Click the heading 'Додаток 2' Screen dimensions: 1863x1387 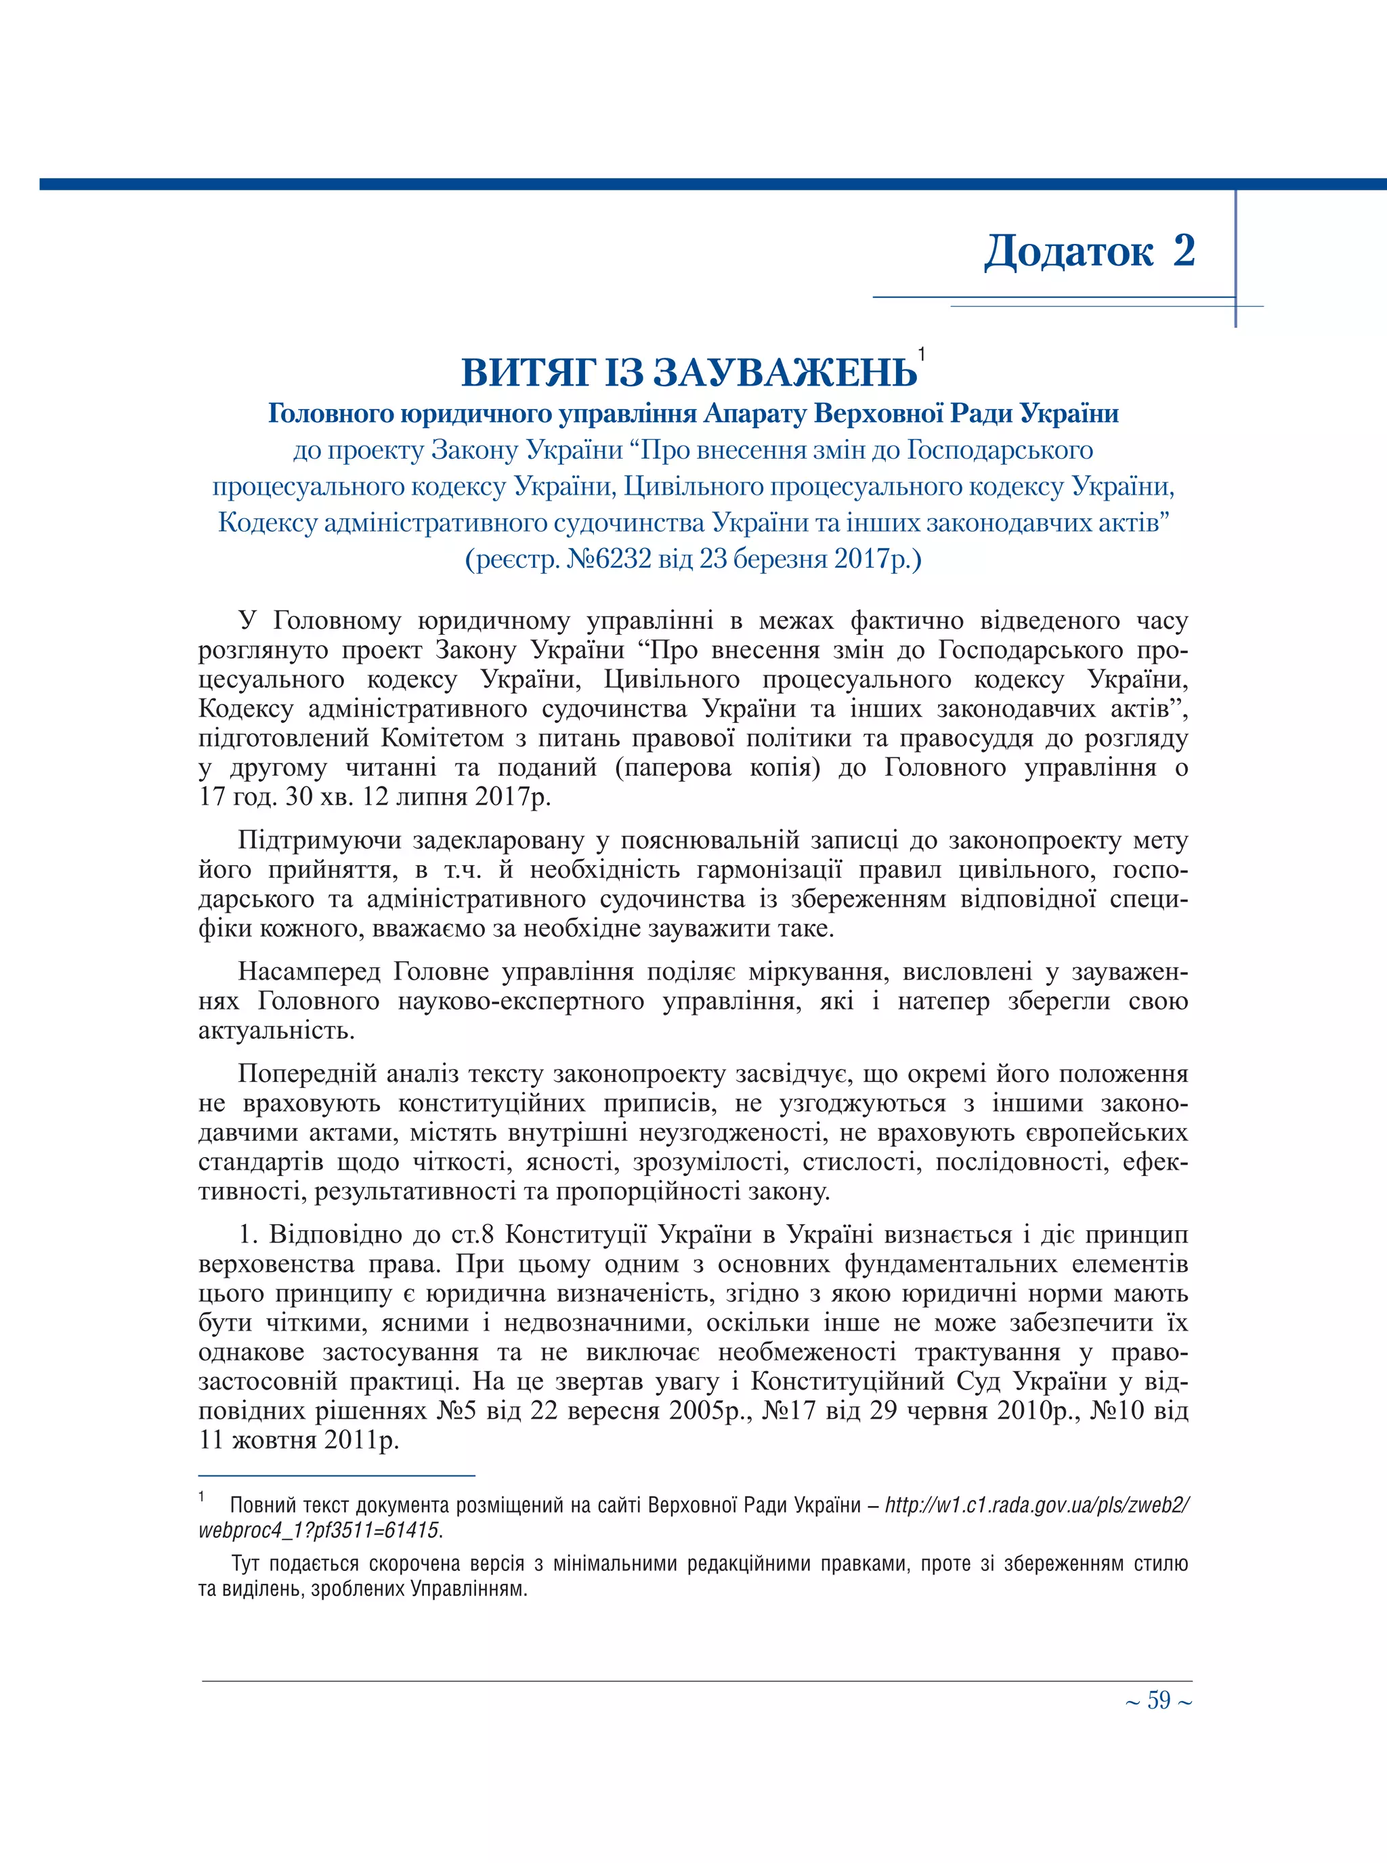click(x=1089, y=251)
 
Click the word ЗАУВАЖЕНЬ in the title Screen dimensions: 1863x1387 click(x=785, y=373)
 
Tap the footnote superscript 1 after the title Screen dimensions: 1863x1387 click(x=921, y=354)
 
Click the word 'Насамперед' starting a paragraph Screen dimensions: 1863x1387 click(x=307, y=972)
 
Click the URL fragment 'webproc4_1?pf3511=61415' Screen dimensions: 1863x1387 click(x=319, y=1530)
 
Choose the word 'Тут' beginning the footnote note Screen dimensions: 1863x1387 click(x=248, y=1564)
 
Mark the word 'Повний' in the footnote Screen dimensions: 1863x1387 click(x=261, y=1505)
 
